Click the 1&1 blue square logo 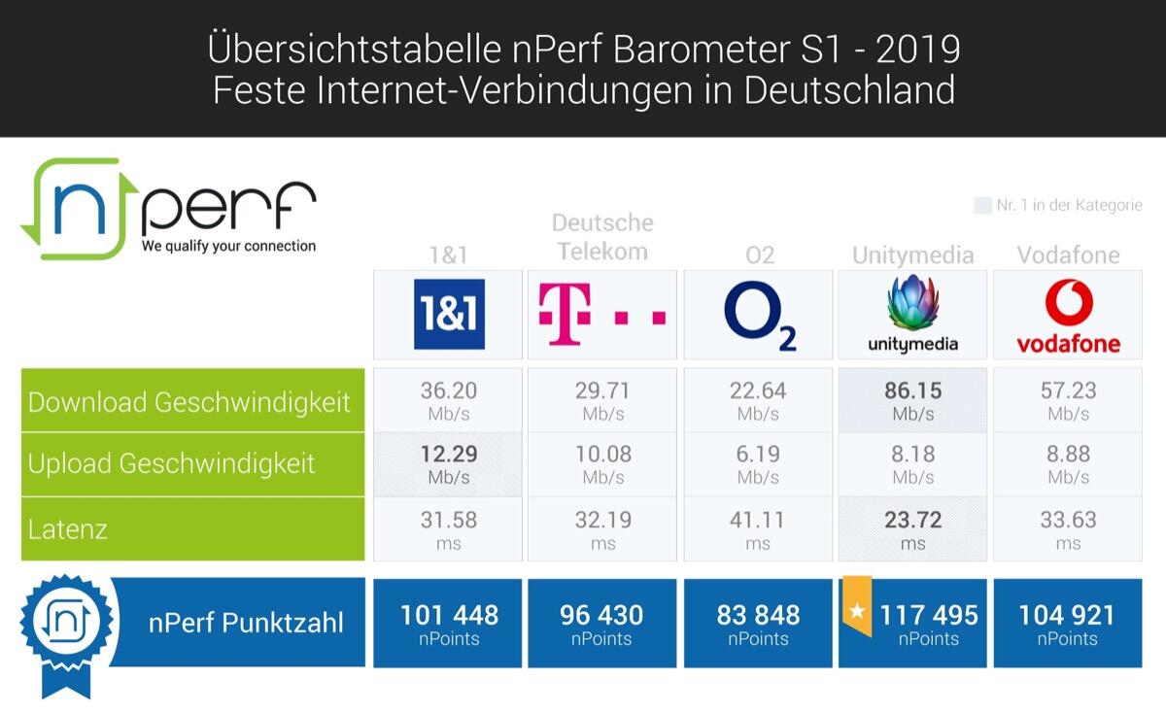click(449, 315)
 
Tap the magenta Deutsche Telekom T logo click(602, 315)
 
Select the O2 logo click(759, 315)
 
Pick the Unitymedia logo click(912, 315)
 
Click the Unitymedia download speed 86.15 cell click(912, 400)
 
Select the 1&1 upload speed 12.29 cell click(448, 464)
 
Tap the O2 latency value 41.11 click(758, 521)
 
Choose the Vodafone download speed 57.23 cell click(1068, 400)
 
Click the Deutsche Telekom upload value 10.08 click(602, 455)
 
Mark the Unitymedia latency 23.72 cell click(912, 529)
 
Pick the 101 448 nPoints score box click(448, 623)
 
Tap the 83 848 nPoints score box click(758, 623)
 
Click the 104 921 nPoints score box click(1068, 623)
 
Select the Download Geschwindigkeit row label click(189, 402)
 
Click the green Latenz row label click(68, 529)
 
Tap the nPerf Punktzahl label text click(246, 623)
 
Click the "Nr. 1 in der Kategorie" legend click(1059, 206)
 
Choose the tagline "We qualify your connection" click(228, 247)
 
